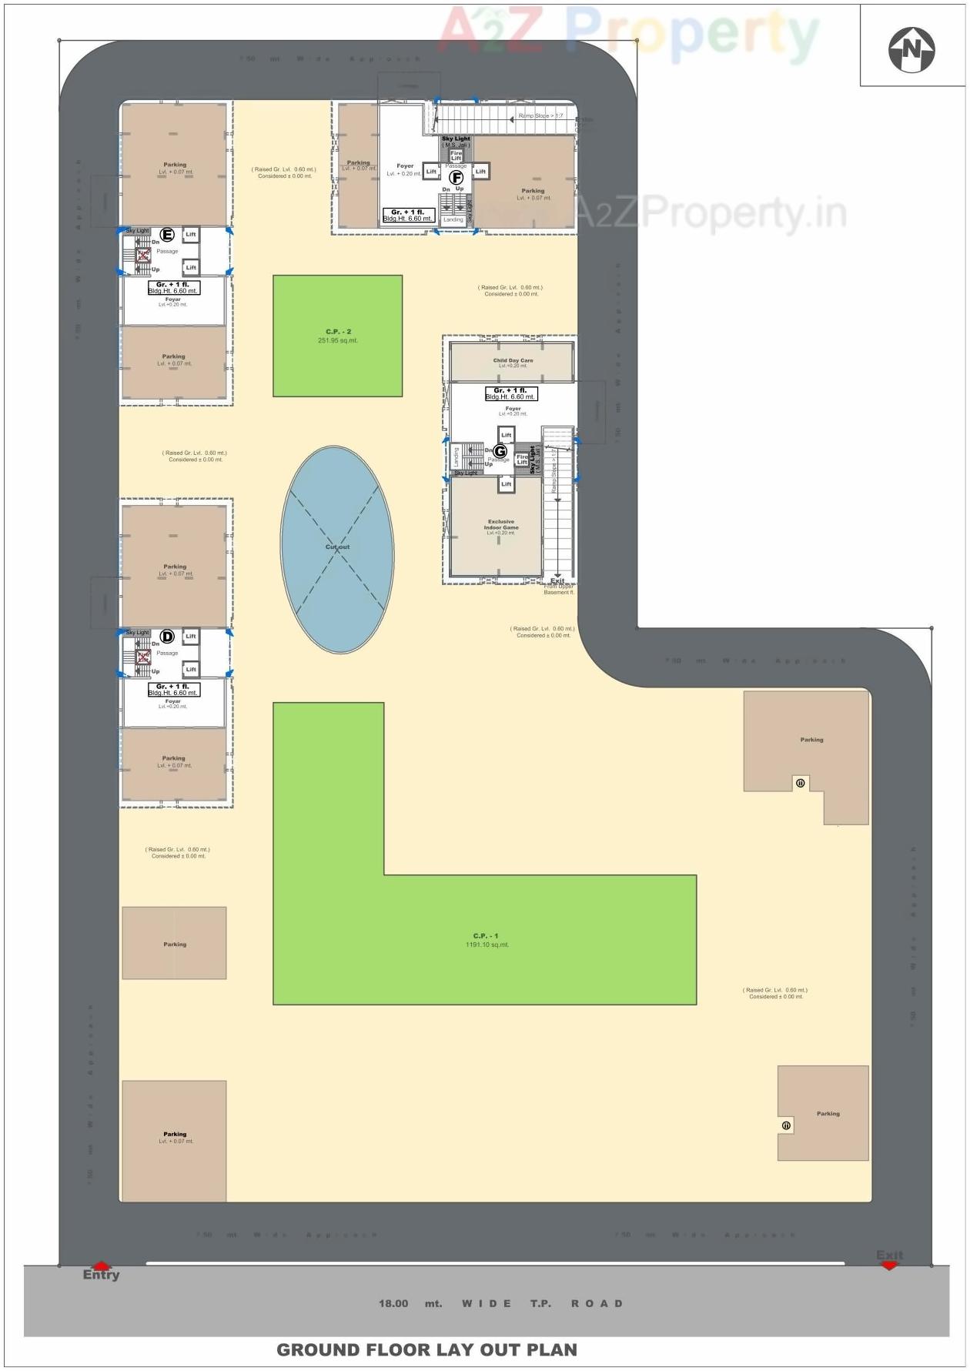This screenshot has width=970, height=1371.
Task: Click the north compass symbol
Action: coord(911,49)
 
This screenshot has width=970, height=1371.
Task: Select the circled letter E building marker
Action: coord(167,235)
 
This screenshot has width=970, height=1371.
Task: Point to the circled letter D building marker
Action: coord(167,637)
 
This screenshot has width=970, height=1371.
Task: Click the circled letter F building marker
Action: coord(456,177)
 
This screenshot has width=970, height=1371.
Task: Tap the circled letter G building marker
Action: coord(500,451)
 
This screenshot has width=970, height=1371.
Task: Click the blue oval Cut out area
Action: coord(337,550)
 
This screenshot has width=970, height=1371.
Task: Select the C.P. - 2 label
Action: coord(338,332)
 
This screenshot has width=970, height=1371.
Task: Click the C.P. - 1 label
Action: coord(486,936)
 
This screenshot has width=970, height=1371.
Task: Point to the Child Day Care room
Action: coord(513,362)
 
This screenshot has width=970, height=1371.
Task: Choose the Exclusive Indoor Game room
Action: coord(501,527)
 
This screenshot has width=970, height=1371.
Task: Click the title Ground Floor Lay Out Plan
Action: coord(426,1349)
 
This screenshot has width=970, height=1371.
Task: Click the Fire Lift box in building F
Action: coord(456,155)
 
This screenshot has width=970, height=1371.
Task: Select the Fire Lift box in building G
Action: coord(522,460)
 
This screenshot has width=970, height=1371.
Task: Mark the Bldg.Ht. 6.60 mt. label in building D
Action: coord(173,693)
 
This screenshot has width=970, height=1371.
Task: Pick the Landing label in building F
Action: coord(453,219)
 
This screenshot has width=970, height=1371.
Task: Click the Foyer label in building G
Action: coord(513,410)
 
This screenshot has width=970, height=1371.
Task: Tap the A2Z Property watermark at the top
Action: coord(627,32)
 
